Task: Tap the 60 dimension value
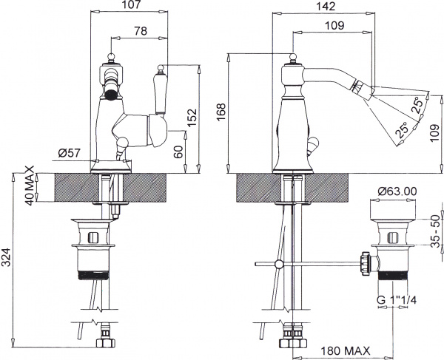177,152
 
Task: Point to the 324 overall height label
7,257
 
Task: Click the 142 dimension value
325,6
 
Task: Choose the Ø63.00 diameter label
397,191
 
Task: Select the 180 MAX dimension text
346,350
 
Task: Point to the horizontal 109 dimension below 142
334,25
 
